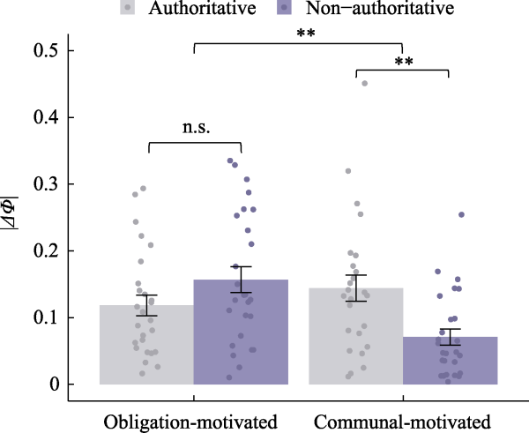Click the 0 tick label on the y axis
click(x=58, y=384)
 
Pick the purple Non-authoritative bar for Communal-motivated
click(x=451, y=361)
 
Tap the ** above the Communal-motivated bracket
click(x=404, y=62)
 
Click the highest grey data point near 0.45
click(x=364, y=84)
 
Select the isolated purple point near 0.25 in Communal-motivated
click(x=460, y=214)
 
